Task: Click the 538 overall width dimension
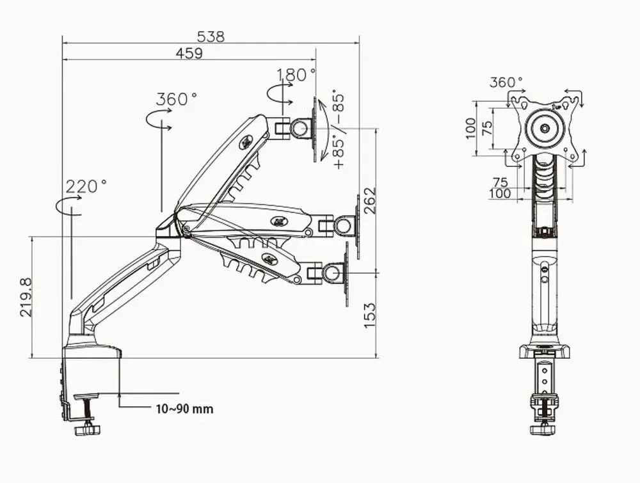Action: point(211,36)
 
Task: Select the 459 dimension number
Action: point(189,54)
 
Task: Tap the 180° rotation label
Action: point(296,75)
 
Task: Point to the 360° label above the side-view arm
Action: point(176,100)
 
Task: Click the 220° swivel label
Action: point(86,187)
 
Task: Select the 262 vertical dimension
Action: point(369,201)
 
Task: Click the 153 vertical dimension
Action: point(369,315)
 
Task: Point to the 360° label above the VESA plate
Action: point(506,83)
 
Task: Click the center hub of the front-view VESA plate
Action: point(545,128)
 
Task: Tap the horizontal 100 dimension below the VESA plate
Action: point(500,193)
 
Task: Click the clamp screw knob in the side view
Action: point(85,431)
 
